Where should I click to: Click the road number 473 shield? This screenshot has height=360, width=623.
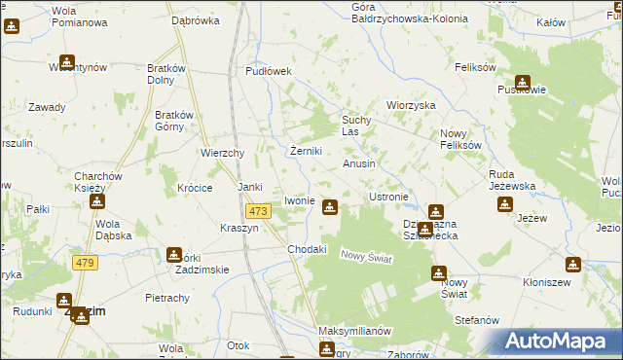(257, 211)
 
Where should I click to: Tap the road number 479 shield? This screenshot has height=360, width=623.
(85, 264)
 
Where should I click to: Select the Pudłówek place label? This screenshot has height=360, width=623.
(269, 71)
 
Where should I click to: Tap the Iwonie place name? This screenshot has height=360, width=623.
(299, 200)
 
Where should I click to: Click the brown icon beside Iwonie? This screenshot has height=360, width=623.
(330, 206)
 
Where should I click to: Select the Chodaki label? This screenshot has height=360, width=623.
(307, 249)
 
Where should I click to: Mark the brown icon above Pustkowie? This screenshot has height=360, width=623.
(523, 84)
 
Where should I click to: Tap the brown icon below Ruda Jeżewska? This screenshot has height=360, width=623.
(505, 204)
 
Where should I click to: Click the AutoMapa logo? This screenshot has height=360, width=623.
(558, 342)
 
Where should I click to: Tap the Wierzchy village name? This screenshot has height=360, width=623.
(221, 153)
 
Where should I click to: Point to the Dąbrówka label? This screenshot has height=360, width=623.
(192, 19)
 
